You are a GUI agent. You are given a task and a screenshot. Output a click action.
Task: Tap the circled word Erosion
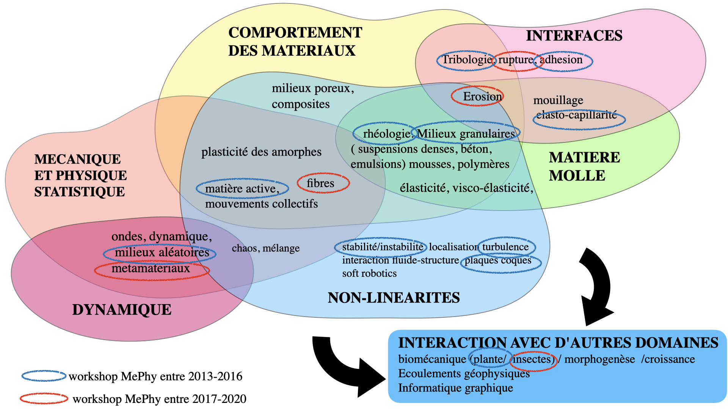pos(482,97)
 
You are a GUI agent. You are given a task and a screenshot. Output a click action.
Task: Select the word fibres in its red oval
pos(320,183)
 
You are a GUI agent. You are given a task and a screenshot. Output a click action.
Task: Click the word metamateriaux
pos(151,269)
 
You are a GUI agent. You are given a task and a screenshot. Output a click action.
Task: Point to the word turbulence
pos(505,247)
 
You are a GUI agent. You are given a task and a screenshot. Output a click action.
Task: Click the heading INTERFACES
pos(574,36)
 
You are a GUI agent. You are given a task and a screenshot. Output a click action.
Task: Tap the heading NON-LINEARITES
pos(394,298)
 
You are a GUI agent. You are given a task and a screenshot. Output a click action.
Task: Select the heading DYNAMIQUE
pos(122,310)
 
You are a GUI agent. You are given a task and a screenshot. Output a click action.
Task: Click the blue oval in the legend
pos(44,376)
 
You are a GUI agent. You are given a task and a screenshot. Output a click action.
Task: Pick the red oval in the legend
pos(44,398)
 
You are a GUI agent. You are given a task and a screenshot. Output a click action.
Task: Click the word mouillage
pos(558,100)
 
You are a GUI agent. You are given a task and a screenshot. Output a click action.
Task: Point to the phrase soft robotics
pos(369,273)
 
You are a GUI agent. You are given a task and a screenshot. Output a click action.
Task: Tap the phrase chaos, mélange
pos(265,248)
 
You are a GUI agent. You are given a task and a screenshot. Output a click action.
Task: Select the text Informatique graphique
pos(455,388)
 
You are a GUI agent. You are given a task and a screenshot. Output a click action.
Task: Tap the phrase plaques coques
pos(498,261)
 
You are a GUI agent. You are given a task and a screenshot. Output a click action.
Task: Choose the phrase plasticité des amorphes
pos(261,152)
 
